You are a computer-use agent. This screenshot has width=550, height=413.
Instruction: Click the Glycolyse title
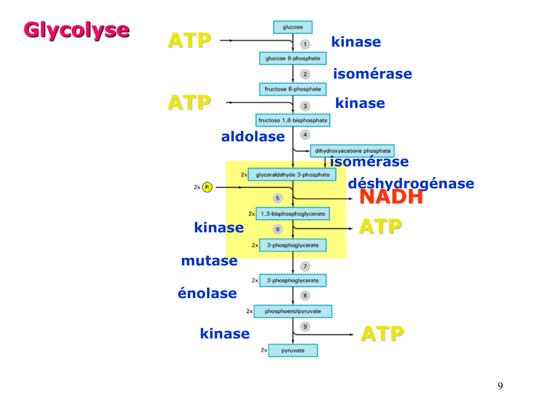pyautogui.click(x=76, y=30)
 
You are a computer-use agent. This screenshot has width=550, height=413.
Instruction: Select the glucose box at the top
pyautogui.click(x=293, y=27)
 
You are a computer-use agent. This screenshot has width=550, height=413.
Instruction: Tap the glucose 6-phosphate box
pyautogui.click(x=293, y=58)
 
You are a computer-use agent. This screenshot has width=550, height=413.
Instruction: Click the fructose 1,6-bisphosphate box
pyautogui.click(x=293, y=120)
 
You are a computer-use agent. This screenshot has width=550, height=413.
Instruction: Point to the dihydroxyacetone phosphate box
pyautogui.click(x=352, y=151)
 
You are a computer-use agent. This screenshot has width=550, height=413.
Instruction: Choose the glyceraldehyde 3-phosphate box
pyautogui.click(x=292, y=175)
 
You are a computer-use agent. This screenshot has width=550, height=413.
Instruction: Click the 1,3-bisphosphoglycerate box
pyautogui.click(x=293, y=214)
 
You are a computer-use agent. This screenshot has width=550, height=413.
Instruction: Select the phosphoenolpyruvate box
pyautogui.click(x=293, y=311)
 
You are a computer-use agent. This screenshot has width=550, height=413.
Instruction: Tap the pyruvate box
pyautogui.click(x=293, y=350)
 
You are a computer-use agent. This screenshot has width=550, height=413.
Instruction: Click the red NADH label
pyautogui.click(x=391, y=197)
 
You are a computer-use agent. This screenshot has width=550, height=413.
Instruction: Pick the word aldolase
pyautogui.click(x=253, y=137)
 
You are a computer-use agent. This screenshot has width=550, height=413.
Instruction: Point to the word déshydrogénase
pyautogui.click(x=411, y=184)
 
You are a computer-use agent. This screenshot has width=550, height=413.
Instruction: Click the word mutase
pyautogui.click(x=209, y=261)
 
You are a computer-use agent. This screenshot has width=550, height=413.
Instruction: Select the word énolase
pyautogui.click(x=207, y=293)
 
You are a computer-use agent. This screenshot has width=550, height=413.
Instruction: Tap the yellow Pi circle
pyautogui.click(x=207, y=187)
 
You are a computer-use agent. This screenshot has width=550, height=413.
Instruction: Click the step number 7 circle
pyautogui.click(x=305, y=266)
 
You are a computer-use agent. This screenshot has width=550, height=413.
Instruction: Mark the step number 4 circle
pyautogui.click(x=305, y=135)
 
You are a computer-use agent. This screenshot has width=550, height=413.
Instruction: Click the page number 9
pyautogui.click(x=500, y=386)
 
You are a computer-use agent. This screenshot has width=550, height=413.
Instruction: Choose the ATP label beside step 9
pyautogui.click(x=382, y=334)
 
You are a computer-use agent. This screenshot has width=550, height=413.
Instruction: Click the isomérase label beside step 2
pyautogui.click(x=373, y=74)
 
